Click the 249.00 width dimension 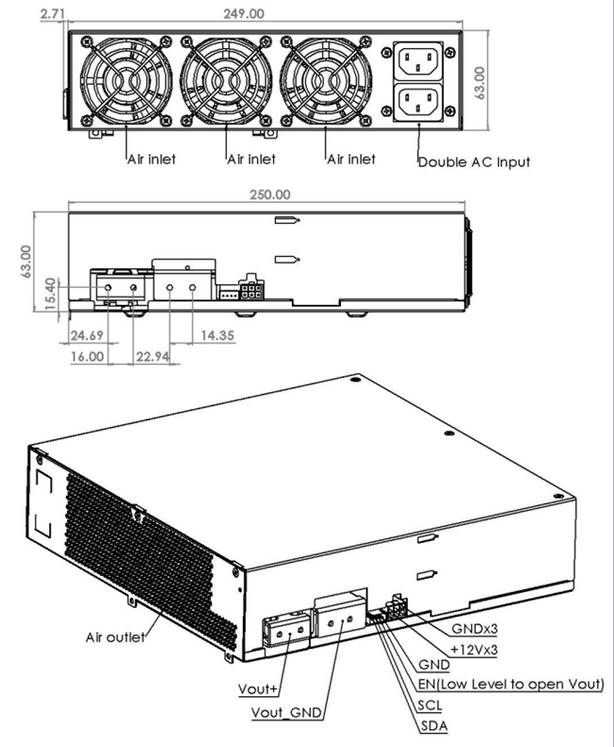[244, 13]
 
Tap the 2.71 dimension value [52, 13]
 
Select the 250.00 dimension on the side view [270, 195]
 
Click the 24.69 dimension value [87, 335]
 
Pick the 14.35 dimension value [217, 335]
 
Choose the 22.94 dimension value [152, 356]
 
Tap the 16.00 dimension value [87, 356]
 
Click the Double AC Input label [474, 162]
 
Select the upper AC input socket [418, 61]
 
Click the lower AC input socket [418, 102]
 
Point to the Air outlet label [115, 637]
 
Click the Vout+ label [258, 688]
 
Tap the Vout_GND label [286, 713]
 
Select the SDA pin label [435, 726]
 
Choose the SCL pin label [430, 705]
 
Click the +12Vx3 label [474, 650]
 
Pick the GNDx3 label [474, 629]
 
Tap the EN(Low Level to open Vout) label [510, 685]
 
